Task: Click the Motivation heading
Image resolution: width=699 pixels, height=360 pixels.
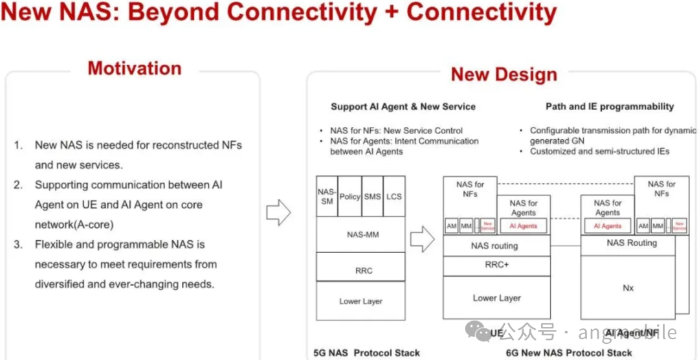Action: [135, 69]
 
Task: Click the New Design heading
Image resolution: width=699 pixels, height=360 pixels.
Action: [504, 74]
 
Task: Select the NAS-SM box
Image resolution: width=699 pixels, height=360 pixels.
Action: [327, 196]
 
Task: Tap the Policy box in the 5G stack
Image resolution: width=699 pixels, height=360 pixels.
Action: [349, 196]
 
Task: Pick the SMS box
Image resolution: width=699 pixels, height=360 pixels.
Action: [372, 196]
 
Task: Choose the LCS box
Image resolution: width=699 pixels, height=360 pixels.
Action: [394, 196]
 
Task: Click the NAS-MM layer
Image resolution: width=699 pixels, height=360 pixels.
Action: [361, 234]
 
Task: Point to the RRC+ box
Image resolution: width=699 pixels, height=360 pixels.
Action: [496, 265]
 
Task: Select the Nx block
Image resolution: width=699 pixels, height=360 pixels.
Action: [628, 287]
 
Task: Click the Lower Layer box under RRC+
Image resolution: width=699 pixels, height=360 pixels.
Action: [496, 298]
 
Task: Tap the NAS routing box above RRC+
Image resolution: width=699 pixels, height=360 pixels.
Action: [494, 246]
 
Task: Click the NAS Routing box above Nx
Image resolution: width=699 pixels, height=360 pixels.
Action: [631, 243]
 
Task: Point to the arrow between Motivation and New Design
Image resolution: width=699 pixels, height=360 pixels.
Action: [279, 212]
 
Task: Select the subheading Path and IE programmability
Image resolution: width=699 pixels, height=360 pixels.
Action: [609, 106]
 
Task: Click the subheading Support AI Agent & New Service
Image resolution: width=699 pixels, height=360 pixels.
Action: [403, 106]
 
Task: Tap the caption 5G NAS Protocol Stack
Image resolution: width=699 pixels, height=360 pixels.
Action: [366, 353]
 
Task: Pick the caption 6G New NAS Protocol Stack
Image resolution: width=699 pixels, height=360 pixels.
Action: [569, 353]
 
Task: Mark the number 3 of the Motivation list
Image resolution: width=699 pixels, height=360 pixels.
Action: [18, 245]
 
